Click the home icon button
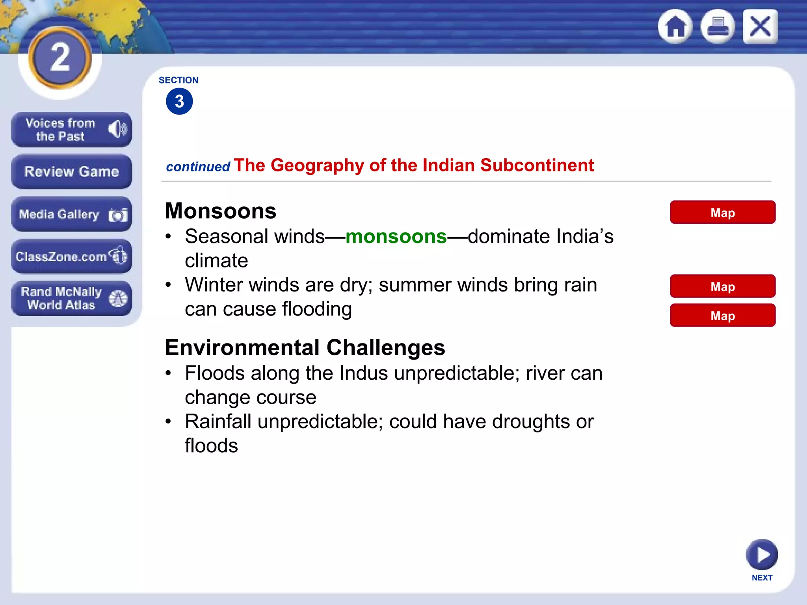(675, 26)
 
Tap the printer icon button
(718, 26)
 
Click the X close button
(760, 26)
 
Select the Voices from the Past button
(71, 130)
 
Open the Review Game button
(71, 172)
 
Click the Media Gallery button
(71, 214)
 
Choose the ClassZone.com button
(71, 256)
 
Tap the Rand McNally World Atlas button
(71, 298)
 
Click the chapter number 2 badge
(60, 58)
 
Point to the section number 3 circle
(179, 101)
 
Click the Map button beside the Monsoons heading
(722, 212)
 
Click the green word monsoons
(396, 237)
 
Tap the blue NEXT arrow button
(762, 555)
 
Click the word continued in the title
(198, 167)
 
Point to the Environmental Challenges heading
(305, 347)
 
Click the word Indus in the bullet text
(363, 373)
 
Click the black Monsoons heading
(221, 211)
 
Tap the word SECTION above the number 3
(179, 80)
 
